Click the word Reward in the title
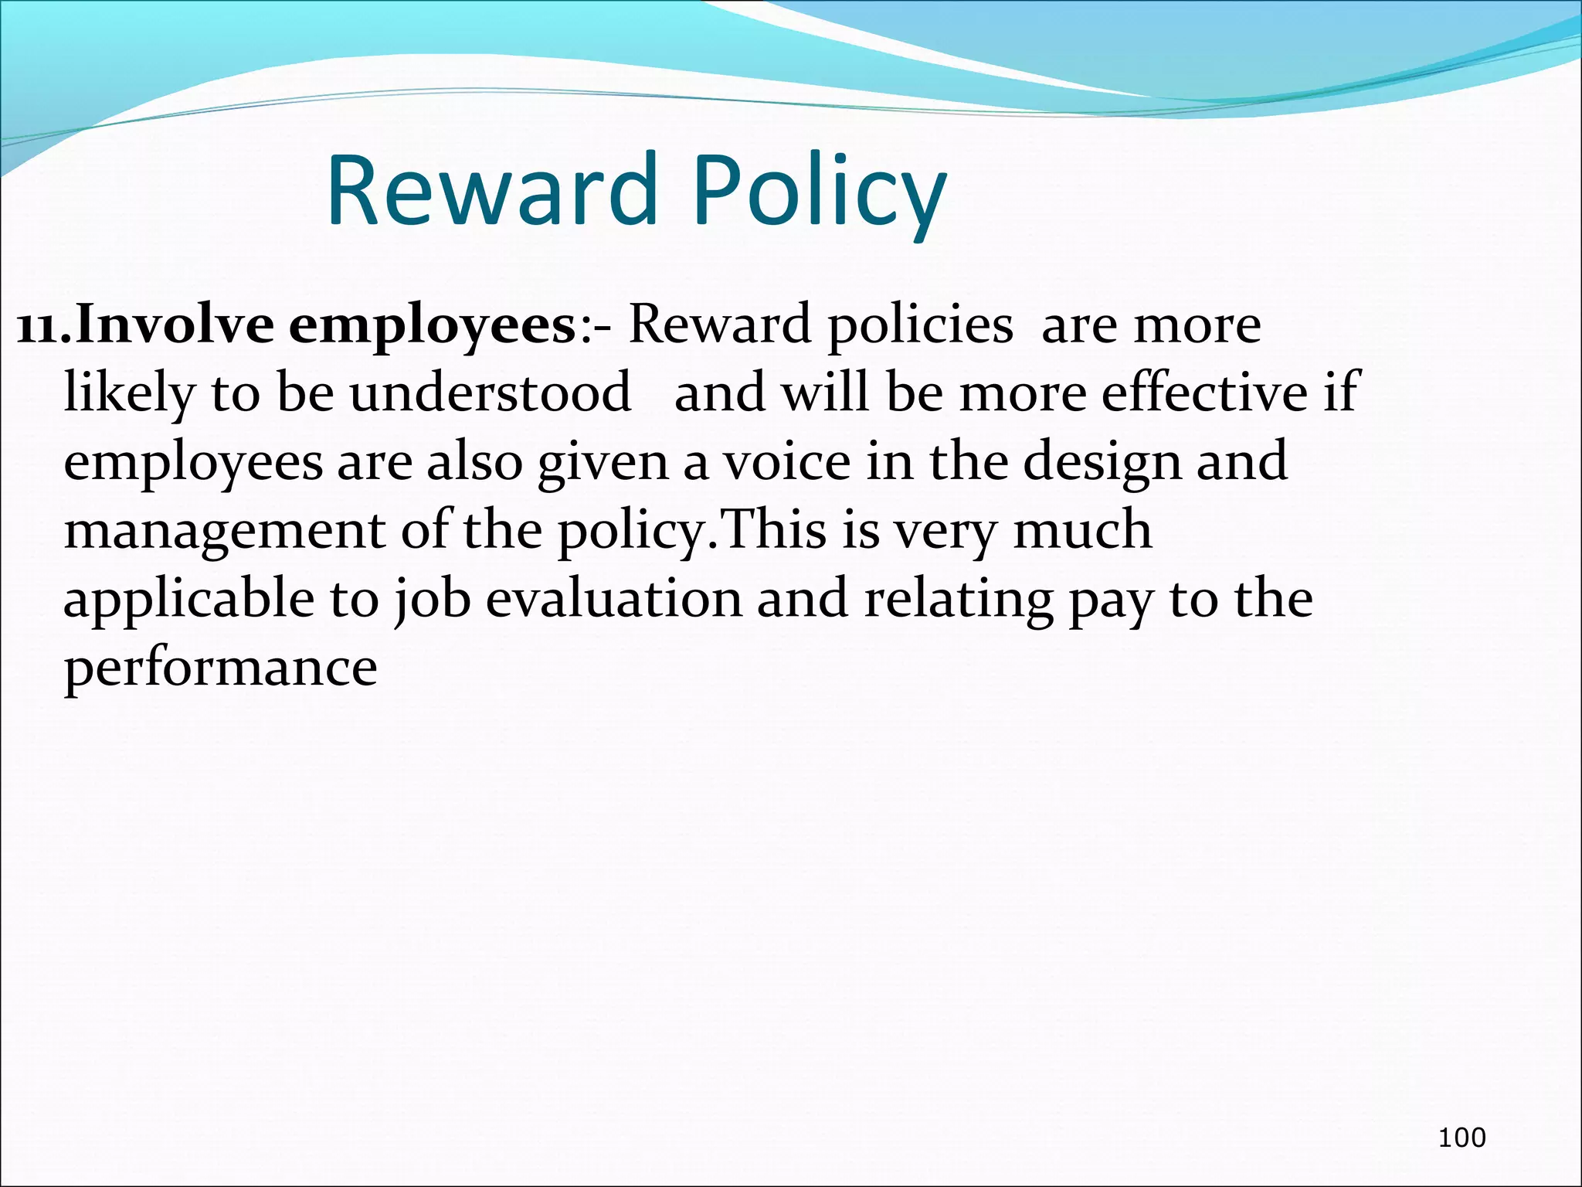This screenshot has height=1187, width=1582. click(x=491, y=191)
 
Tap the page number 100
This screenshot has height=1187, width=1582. click(x=1461, y=1137)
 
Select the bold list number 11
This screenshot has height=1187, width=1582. click(x=43, y=325)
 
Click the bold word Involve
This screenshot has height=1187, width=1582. click(x=175, y=325)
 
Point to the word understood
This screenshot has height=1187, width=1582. click(x=490, y=393)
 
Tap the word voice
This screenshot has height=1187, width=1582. click(x=786, y=461)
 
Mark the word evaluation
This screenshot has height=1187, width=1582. click(x=613, y=599)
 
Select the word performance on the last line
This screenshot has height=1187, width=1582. click(x=220, y=668)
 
